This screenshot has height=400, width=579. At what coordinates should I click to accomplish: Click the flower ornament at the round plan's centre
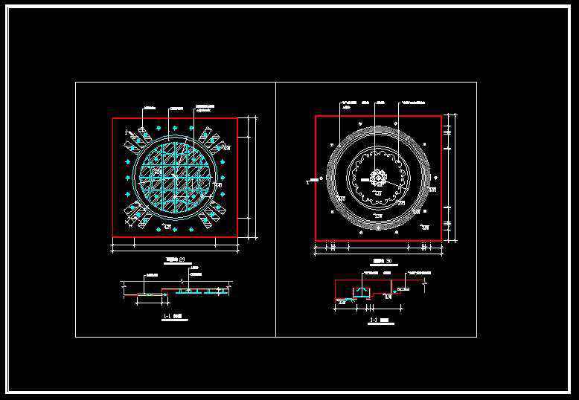378,178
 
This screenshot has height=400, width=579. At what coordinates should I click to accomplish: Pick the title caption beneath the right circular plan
380,262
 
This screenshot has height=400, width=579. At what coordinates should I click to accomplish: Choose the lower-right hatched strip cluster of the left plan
212,213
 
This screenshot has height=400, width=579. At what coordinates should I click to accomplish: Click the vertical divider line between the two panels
275,209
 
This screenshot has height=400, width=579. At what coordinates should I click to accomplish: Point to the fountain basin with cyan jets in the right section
362,292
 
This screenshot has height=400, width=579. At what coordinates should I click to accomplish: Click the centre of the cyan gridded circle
175,177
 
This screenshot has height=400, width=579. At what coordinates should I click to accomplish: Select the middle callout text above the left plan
176,109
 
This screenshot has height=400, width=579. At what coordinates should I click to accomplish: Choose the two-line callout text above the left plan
205,107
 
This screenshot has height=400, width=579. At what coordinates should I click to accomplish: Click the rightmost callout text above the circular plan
413,100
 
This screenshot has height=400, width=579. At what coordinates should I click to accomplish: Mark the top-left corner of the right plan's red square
316,116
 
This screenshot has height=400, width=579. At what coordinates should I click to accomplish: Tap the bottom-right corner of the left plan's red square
237,237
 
